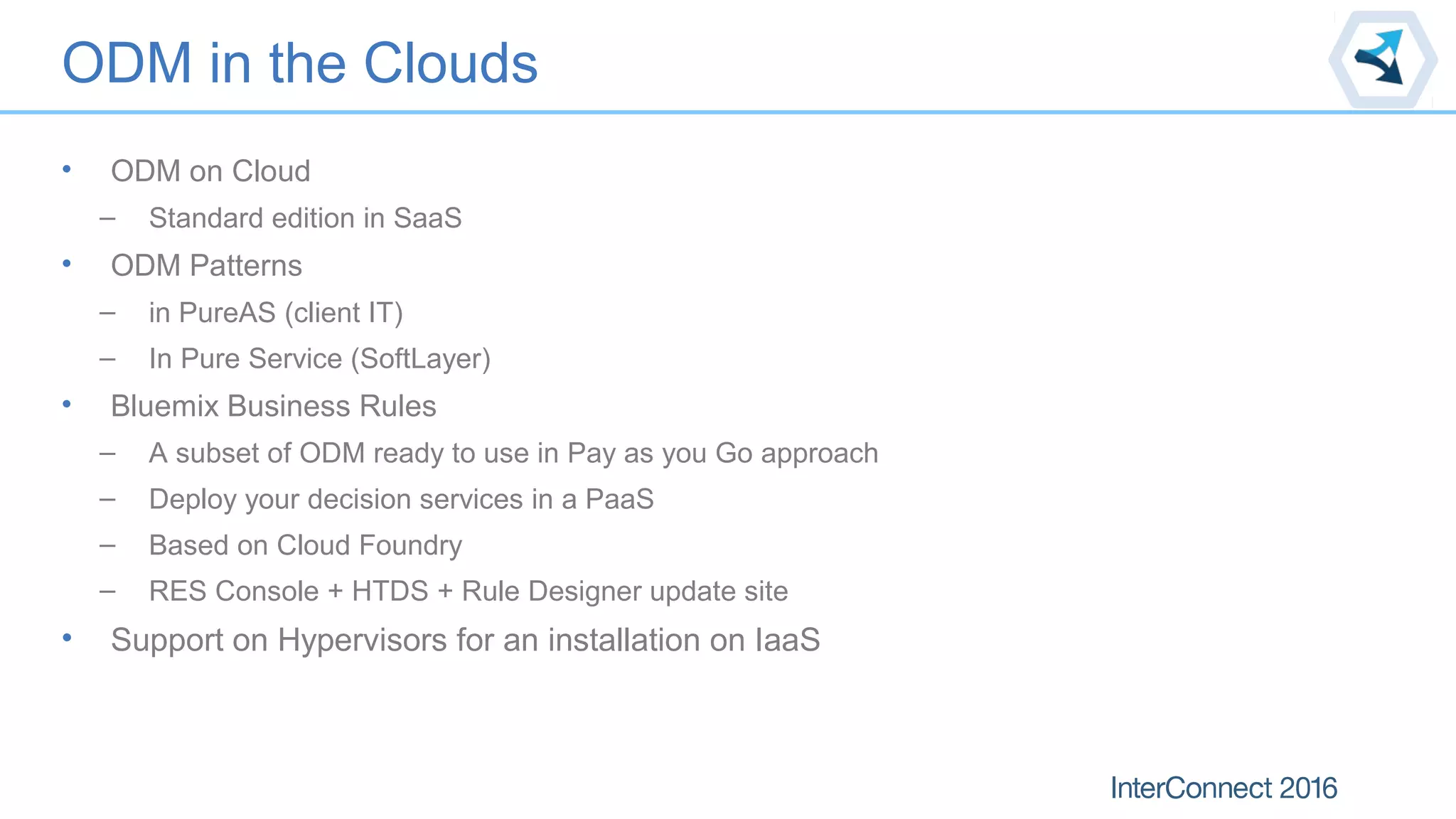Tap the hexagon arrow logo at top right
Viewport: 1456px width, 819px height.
click(x=1383, y=59)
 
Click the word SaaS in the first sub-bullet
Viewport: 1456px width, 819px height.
click(x=427, y=218)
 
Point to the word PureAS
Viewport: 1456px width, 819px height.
click(x=227, y=313)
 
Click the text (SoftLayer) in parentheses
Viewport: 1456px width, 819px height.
click(x=421, y=359)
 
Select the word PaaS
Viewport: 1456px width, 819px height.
click(x=619, y=500)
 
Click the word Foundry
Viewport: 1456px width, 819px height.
click(x=410, y=546)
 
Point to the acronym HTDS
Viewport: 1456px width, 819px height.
click(x=390, y=591)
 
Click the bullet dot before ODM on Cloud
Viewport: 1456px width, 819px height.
click(x=67, y=169)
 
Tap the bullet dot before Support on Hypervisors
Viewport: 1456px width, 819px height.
click(x=67, y=638)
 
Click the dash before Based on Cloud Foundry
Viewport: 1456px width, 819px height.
click(x=107, y=546)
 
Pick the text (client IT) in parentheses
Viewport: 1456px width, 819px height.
click(x=343, y=313)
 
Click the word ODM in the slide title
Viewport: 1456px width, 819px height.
click(x=127, y=63)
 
